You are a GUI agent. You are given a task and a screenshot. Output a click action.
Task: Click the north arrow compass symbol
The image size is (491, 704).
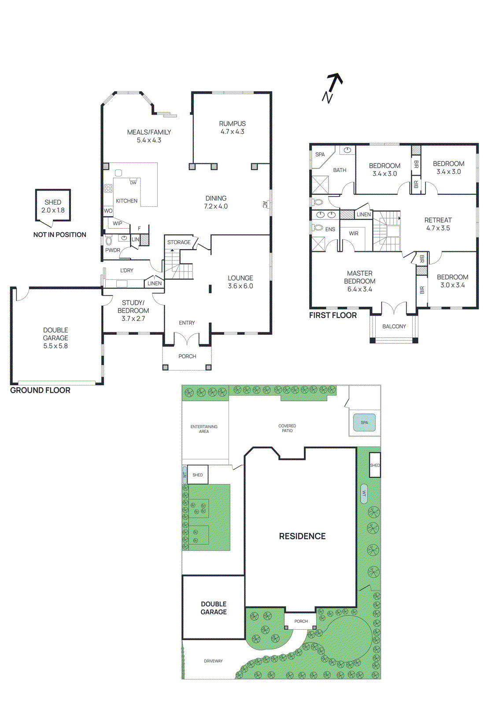[x=332, y=88]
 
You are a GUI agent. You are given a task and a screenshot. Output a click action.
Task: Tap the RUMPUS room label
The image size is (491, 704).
[x=232, y=124]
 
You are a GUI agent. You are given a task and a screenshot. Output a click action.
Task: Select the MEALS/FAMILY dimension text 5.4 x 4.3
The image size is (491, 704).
[x=149, y=140]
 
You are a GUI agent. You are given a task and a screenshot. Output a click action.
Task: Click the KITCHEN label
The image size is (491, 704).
[x=127, y=201]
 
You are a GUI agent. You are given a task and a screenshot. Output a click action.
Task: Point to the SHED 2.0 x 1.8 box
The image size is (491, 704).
[x=53, y=205]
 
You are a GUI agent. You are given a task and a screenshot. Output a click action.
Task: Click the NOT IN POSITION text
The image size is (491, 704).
[x=60, y=235]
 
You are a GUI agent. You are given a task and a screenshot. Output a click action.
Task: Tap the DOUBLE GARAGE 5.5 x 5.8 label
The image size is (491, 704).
[x=55, y=338]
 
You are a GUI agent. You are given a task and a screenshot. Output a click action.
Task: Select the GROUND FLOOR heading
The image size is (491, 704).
[x=40, y=390]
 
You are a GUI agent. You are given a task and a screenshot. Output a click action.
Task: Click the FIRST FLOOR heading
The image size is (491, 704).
[x=333, y=315]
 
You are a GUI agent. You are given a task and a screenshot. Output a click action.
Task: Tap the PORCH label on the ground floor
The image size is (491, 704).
[x=187, y=356]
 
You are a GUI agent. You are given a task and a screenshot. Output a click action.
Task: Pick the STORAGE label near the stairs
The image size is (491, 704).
[x=179, y=242]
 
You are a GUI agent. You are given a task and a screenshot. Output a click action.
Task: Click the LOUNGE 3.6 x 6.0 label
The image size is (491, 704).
[x=240, y=282]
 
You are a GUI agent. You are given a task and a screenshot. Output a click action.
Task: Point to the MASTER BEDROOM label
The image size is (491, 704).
[x=360, y=278]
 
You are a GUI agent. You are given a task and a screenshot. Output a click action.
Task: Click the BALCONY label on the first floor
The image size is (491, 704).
[x=394, y=326]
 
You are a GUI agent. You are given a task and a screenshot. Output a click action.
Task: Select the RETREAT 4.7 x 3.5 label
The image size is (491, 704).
[x=438, y=224]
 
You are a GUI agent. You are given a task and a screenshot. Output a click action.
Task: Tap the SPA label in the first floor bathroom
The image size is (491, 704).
[x=320, y=154]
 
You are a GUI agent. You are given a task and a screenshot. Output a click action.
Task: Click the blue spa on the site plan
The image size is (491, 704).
[x=364, y=422]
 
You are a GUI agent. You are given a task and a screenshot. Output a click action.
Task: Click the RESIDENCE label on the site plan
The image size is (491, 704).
[x=303, y=536]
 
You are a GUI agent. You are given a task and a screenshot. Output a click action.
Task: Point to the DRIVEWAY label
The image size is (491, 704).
[x=213, y=661]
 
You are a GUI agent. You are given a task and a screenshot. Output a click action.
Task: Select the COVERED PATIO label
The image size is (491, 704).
[x=287, y=428]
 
